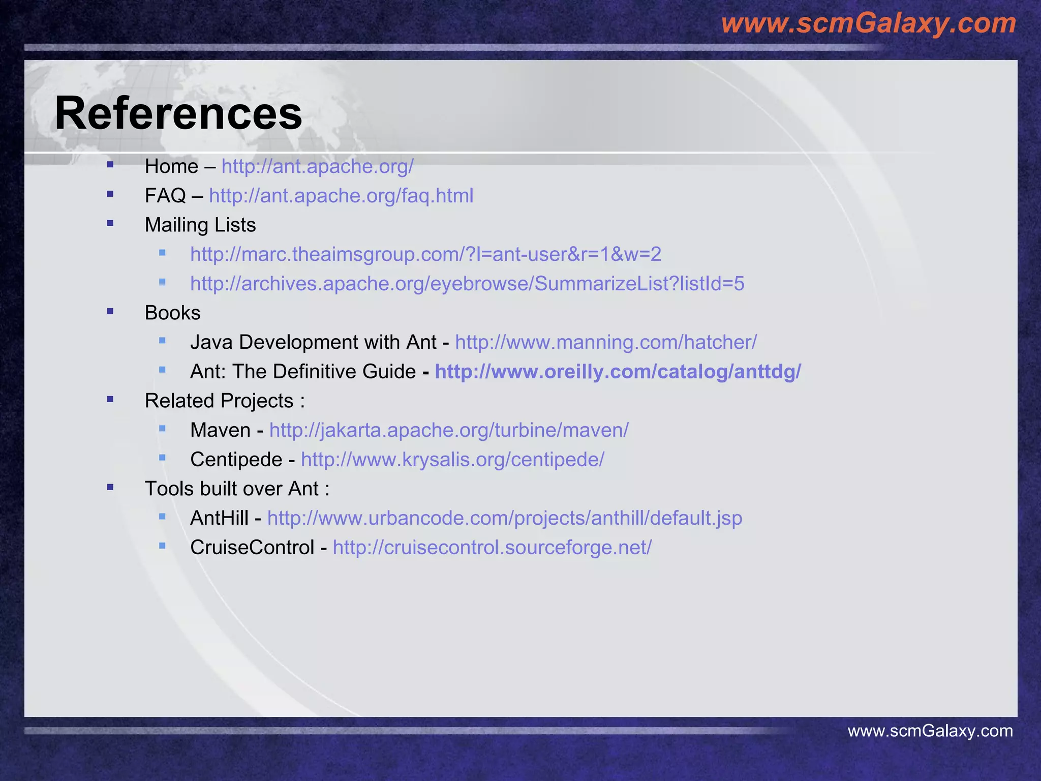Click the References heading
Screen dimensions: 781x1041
pos(178,113)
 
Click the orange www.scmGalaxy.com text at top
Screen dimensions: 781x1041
pos(868,23)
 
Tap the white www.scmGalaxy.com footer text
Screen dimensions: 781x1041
pos(930,731)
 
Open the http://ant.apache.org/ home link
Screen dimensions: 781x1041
pos(317,167)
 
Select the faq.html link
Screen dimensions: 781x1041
pos(341,196)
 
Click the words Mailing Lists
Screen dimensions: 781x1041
pos(200,225)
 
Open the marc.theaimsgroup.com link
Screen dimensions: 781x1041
pos(425,254)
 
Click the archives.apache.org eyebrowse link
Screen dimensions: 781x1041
pos(467,284)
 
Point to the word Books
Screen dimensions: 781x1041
pos(172,313)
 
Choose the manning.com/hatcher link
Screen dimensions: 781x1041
pos(605,342)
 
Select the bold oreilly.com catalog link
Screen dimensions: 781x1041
pos(618,372)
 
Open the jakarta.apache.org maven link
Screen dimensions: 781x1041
pos(448,430)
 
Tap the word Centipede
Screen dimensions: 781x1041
pos(236,460)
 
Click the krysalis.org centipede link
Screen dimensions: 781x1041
pos(452,460)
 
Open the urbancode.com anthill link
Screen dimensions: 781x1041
pos(504,518)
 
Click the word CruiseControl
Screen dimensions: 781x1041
pos(252,548)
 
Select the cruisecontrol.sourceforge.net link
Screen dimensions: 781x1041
pos(492,548)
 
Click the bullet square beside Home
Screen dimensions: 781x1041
pos(110,164)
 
